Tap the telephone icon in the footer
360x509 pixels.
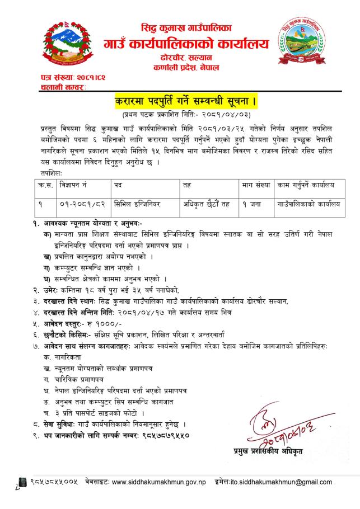[24, 481]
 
